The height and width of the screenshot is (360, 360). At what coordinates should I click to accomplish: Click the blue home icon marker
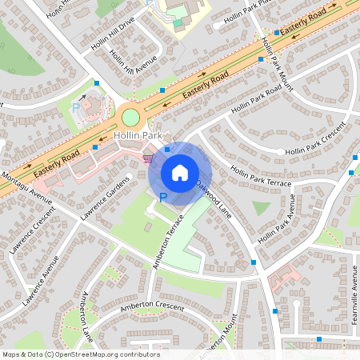179,173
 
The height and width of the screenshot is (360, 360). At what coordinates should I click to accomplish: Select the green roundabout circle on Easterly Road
130,118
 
